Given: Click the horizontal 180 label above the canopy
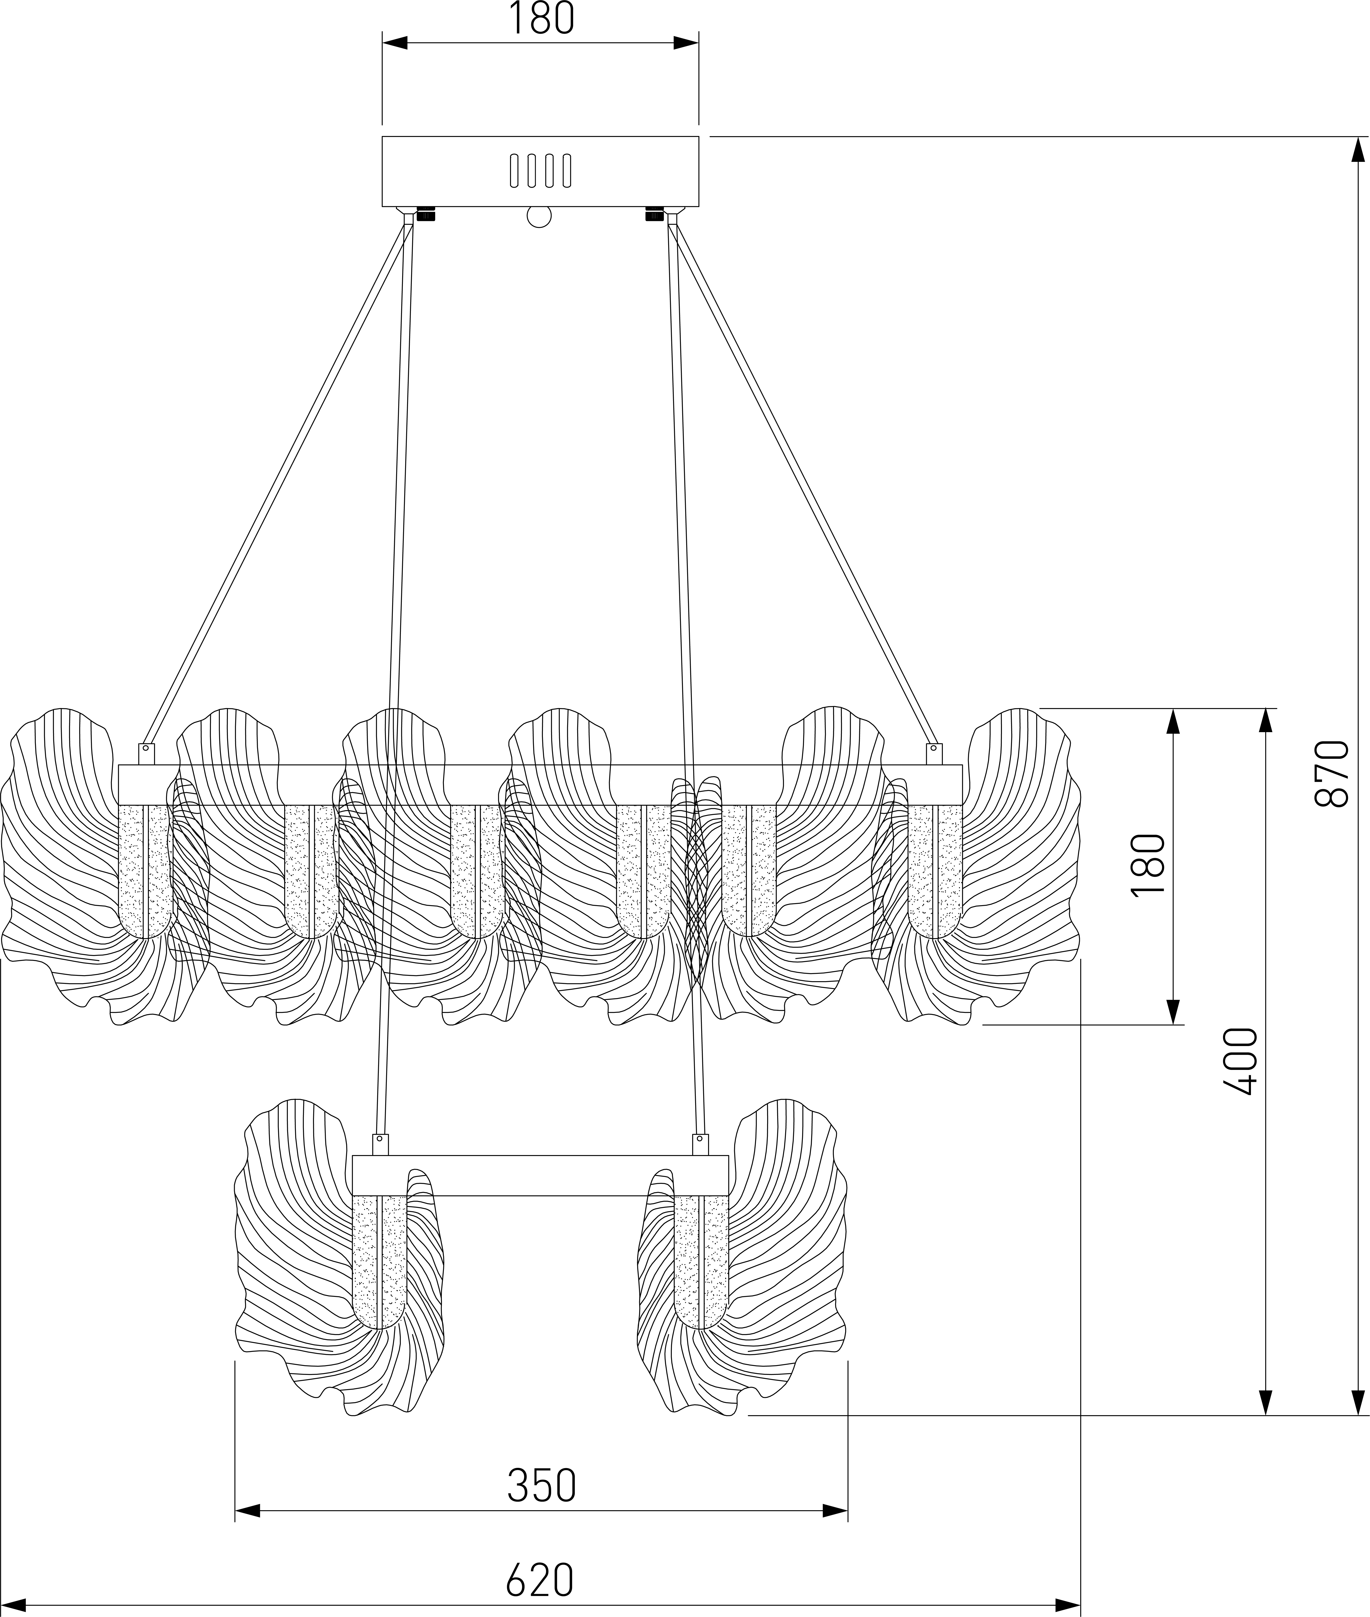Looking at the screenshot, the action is coord(541,19).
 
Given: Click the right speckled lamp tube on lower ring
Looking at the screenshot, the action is coord(700,1261).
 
